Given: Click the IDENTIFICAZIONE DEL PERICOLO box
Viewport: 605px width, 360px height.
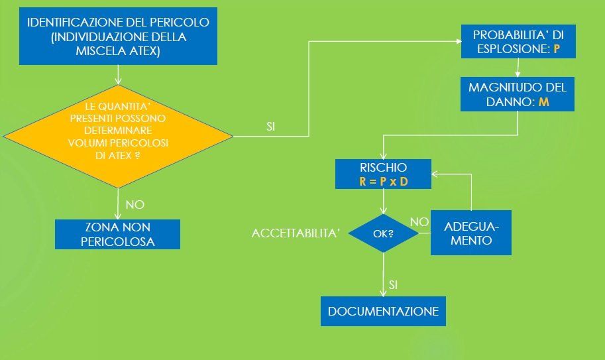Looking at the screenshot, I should pyautogui.click(x=118, y=37).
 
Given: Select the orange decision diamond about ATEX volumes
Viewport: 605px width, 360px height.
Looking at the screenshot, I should pyautogui.click(x=118, y=136).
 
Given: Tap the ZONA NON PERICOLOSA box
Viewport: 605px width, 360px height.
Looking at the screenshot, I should pyautogui.click(x=117, y=235).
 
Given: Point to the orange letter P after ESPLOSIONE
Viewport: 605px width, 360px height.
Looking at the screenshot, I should pyautogui.click(x=557, y=50).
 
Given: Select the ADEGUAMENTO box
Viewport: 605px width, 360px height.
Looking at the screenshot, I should pyautogui.click(x=470, y=233).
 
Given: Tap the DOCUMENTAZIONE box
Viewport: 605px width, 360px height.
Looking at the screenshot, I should pyautogui.click(x=383, y=311).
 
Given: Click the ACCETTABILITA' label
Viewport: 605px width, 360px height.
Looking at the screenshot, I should pyautogui.click(x=296, y=233).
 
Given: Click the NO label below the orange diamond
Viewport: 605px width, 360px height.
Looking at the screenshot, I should pyautogui.click(x=135, y=204).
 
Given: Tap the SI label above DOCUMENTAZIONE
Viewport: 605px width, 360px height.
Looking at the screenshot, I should pyautogui.click(x=393, y=284).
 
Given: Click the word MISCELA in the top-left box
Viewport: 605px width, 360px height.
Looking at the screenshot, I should pyautogui.click(x=99, y=52).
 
